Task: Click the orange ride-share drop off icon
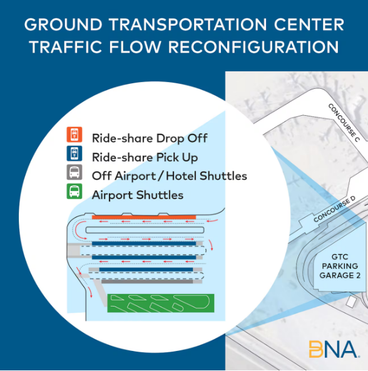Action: point(74,135)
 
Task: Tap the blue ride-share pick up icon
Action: point(74,153)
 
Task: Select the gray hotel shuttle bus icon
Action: point(74,172)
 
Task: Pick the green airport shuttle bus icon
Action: point(74,191)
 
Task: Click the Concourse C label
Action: point(344,123)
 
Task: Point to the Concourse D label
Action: point(335,209)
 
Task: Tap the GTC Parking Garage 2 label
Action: point(340,266)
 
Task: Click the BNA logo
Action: point(334,349)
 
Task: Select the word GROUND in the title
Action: point(63,24)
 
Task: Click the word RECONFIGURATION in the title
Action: point(253,47)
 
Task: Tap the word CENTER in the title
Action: point(309,24)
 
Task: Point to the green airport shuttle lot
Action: point(161,303)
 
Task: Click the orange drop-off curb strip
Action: point(144,217)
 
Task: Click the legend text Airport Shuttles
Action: point(138,195)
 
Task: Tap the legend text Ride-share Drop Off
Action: point(150,138)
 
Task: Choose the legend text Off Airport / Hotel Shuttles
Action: point(170,176)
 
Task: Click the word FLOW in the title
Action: point(135,47)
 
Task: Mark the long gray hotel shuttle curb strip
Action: point(147,282)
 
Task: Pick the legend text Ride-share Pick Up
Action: point(145,158)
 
